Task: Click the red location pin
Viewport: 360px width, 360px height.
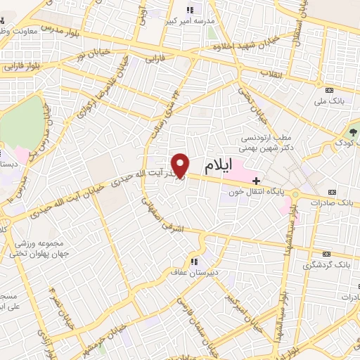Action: click(181, 165)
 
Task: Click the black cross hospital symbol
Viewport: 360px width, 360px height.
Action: click(256, 181)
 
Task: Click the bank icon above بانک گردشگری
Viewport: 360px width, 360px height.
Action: click(325, 253)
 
